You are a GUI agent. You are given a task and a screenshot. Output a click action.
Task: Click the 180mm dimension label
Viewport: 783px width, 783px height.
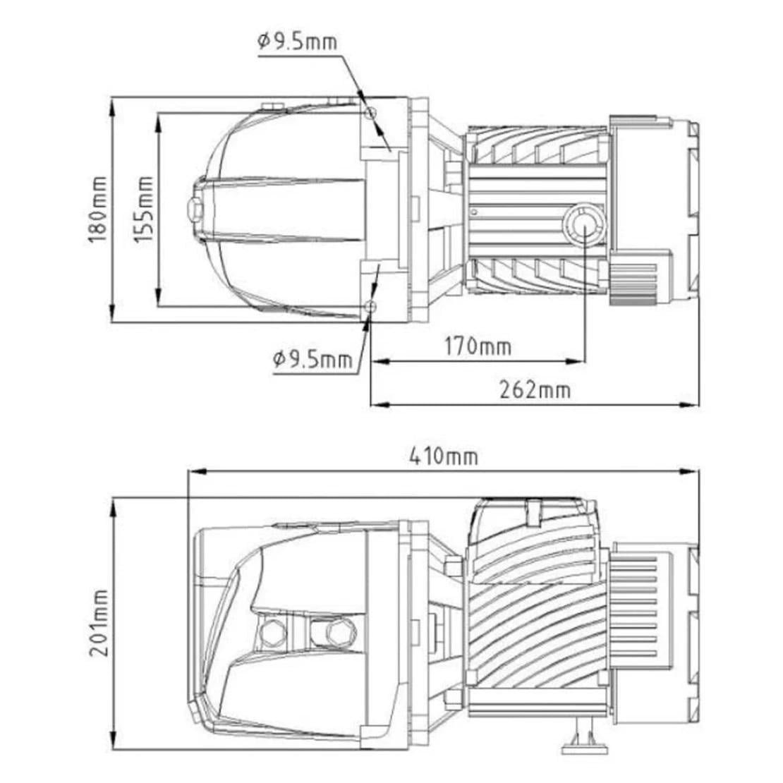click(x=98, y=210)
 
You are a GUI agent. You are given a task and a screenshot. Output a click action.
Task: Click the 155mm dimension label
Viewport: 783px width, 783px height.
click(x=144, y=210)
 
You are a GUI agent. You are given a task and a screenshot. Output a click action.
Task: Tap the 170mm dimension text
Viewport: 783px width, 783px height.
click(x=478, y=346)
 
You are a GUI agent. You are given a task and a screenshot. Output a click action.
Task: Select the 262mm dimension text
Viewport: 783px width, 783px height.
click(x=535, y=389)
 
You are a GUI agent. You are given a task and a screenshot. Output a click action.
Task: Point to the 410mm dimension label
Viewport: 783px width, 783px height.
click(x=444, y=456)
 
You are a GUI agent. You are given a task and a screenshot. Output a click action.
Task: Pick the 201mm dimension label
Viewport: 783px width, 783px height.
click(x=99, y=623)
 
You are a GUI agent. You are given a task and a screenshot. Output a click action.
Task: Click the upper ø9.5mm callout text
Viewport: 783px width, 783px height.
click(x=298, y=41)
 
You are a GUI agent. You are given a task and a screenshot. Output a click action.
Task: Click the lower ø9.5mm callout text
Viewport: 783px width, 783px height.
click(x=312, y=358)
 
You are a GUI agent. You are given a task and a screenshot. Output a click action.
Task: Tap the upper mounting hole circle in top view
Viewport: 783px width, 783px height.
click(x=370, y=112)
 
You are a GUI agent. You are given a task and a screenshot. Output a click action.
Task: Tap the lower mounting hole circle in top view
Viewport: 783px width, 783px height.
click(x=370, y=305)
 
